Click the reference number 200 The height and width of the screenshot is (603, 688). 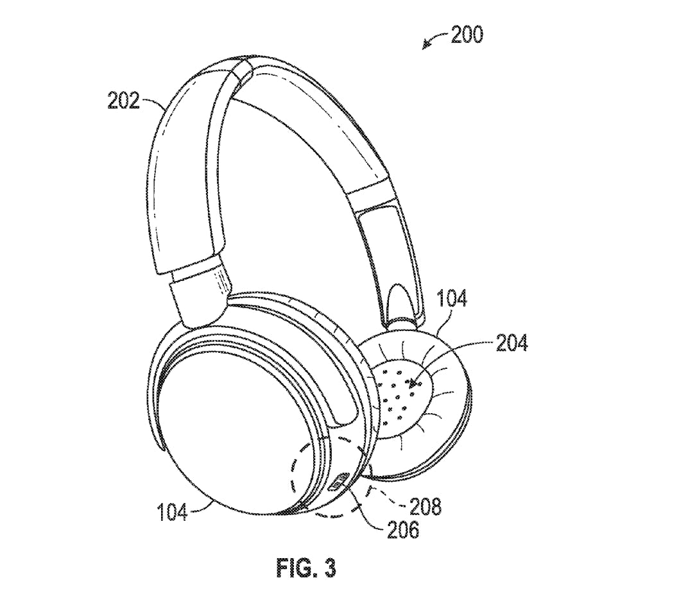467,34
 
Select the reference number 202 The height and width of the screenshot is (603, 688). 123,101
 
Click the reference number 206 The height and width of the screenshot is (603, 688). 404,530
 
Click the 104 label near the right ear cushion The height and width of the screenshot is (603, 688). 451,298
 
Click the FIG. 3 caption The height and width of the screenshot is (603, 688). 306,567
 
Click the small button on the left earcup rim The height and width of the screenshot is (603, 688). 338,482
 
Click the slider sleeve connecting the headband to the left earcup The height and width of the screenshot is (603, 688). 200,295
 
